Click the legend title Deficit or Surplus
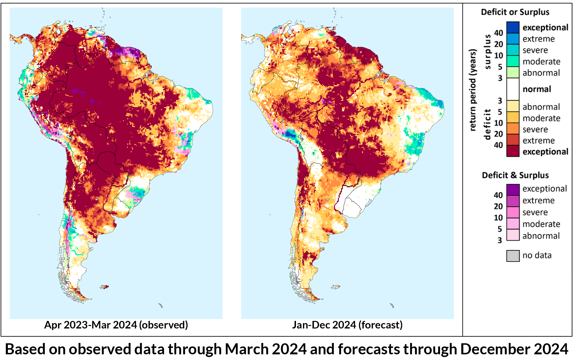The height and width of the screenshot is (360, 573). pyautogui.click(x=515, y=12)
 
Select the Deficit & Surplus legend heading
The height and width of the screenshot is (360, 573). pyautogui.click(x=515, y=175)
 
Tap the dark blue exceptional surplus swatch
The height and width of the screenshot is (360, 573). pyautogui.click(x=513, y=27)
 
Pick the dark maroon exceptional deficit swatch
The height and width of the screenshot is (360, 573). pyautogui.click(x=513, y=151)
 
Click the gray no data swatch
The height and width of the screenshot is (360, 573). pyautogui.click(x=513, y=256)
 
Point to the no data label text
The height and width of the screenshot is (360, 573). pyautogui.click(x=537, y=255)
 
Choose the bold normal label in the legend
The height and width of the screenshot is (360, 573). pyautogui.click(x=537, y=89)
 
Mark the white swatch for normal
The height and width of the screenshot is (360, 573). pyautogui.click(x=513, y=89)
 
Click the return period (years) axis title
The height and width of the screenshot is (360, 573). pyautogui.click(x=472, y=90)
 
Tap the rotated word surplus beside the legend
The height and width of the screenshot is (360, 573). pyautogui.click(x=488, y=52)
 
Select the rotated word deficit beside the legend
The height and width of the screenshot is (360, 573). pyautogui.click(x=488, y=124)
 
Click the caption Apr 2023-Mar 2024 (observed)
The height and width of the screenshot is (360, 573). pyautogui.click(x=116, y=325)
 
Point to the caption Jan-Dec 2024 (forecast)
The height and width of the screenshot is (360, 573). pyautogui.click(x=347, y=325)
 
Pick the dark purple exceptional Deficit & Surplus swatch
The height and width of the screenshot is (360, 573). pyautogui.click(x=513, y=190)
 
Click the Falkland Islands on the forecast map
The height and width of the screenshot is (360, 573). pyautogui.click(x=336, y=287)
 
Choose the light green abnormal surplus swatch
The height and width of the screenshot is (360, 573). pyautogui.click(x=513, y=73)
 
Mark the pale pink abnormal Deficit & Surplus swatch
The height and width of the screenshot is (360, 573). pyautogui.click(x=513, y=235)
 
